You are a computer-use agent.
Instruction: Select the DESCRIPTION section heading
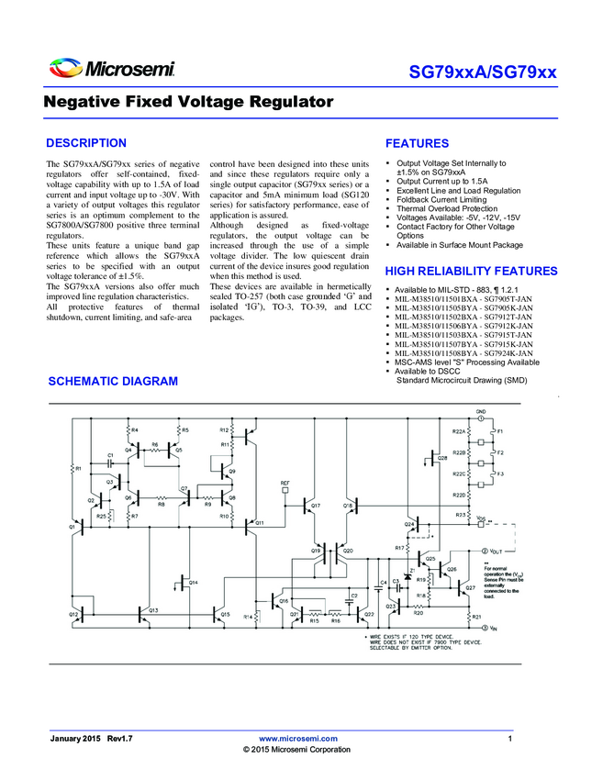point(86,143)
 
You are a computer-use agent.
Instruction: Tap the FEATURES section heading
point(417,144)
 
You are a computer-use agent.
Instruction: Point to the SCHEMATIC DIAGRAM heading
point(112,381)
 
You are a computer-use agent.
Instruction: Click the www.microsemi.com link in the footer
point(299,738)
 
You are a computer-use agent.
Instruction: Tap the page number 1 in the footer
point(508,738)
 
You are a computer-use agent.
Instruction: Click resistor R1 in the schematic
point(73,469)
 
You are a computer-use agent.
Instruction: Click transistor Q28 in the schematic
point(435,456)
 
